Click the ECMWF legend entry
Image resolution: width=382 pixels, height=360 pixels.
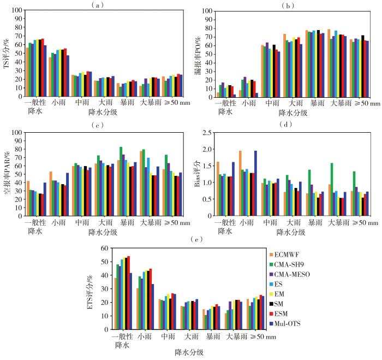point(289,254)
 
